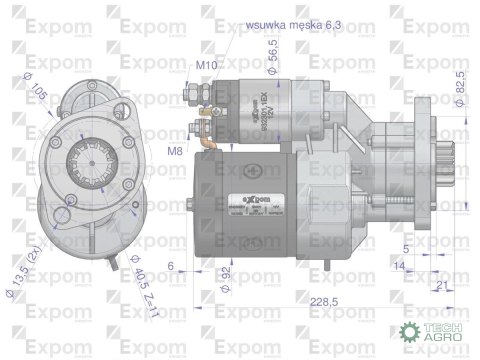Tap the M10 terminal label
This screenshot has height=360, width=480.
(x=207, y=65)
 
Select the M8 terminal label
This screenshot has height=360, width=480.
(x=174, y=150)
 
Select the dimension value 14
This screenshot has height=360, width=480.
(x=398, y=265)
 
